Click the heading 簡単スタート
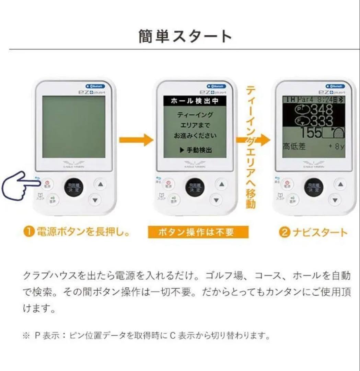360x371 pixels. click(x=185, y=36)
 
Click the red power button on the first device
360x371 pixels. click(x=47, y=184)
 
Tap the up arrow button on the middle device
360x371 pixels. click(x=221, y=184)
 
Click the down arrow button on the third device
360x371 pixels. click(x=335, y=199)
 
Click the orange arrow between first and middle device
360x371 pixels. click(x=136, y=140)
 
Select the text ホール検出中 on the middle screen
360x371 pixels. click(x=195, y=101)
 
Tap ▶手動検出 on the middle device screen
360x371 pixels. click(x=196, y=150)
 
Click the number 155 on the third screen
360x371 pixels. click(x=311, y=133)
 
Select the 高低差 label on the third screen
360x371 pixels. click(x=294, y=147)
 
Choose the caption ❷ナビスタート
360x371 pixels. click(x=313, y=233)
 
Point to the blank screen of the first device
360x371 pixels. click(x=74, y=127)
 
